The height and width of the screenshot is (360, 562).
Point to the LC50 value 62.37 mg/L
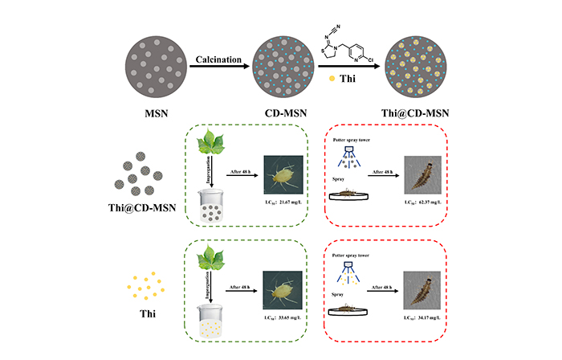point(423,211)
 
